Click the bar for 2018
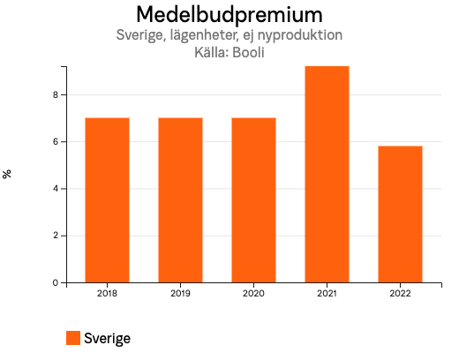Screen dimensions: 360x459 point(107,200)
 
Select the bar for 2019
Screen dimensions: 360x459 point(180,200)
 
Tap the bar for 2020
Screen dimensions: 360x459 point(253,200)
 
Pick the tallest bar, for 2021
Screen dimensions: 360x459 point(327,175)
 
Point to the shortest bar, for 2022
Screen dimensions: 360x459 point(400,214)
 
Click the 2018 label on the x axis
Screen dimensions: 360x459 point(107,294)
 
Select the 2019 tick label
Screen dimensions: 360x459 point(180,294)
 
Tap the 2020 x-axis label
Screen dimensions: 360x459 point(253,294)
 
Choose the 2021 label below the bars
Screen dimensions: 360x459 point(327,294)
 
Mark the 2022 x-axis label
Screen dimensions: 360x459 point(400,294)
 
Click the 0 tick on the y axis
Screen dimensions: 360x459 point(55,283)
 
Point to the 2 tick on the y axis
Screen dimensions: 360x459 point(55,236)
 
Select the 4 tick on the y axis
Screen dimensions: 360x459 point(55,189)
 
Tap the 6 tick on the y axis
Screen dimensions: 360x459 point(55,142)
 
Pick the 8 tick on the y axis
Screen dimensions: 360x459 point(55,95)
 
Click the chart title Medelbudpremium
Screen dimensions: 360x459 point(229,15)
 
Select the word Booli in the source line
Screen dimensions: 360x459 point(248,52)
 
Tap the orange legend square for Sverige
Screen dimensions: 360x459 point(73,338)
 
